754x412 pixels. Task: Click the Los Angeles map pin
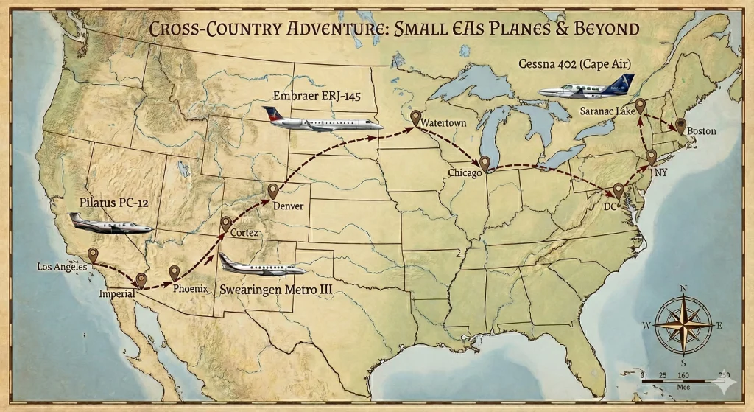coord(94,255)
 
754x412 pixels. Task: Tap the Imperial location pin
coord(141,280)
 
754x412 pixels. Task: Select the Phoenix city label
coord(191,288)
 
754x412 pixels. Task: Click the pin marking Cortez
coord(226,223)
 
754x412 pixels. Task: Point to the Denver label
coord(288,206)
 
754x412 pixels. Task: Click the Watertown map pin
coord(416,117)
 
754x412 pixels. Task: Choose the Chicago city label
coord(465,172)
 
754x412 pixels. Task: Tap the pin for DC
coord(618,190)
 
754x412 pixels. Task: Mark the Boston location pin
coord(680,125)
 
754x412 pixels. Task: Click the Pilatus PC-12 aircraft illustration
coord(110,223)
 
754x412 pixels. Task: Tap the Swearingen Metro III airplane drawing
coord(258,266)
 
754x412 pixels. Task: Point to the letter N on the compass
coord(683,289)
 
